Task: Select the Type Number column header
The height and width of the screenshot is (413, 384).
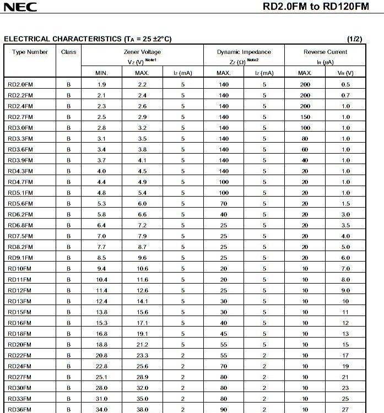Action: point(30,52)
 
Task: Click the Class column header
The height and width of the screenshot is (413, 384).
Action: point(69,52)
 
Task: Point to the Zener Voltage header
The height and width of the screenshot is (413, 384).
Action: point(142,52)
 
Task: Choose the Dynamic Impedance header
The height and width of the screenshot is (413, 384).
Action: point(244,52)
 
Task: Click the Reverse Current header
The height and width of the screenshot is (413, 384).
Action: point(326,52)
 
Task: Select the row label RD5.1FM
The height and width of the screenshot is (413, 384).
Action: point(20,193)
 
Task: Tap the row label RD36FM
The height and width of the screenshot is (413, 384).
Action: point(19,409)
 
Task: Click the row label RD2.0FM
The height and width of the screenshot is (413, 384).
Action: point(20,84)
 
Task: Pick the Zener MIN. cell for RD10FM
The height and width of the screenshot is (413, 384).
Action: point(102,269)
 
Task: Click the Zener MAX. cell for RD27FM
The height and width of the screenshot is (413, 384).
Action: point(142,377)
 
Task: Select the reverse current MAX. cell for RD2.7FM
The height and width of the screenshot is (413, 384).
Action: point(305,117)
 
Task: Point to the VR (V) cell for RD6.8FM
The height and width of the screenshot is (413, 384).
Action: point(345,225)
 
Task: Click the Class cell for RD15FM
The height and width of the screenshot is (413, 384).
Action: point(69,312)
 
